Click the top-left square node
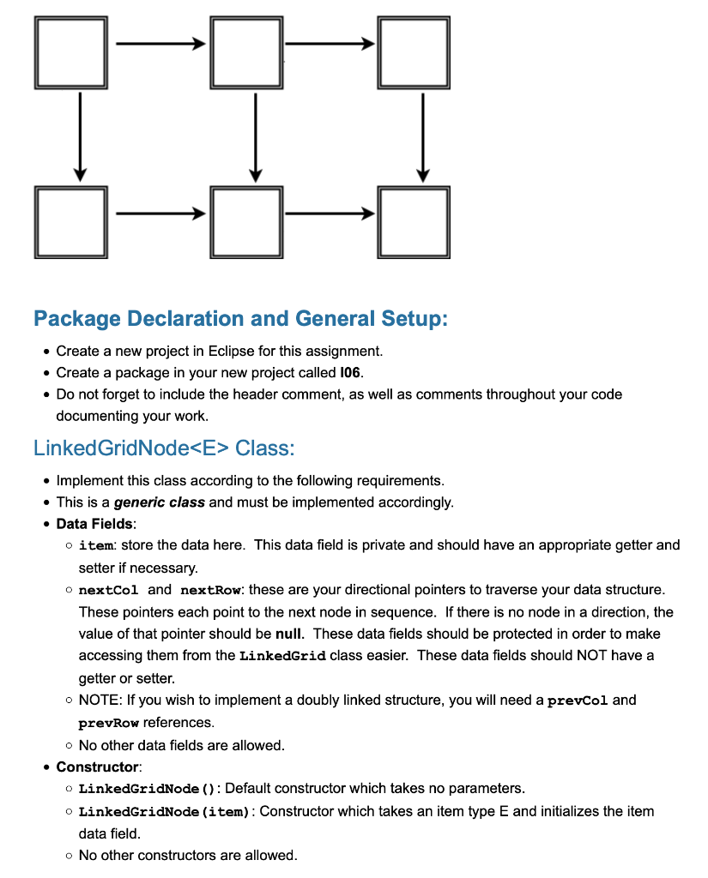click(71, 51)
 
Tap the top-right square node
click(414, 51)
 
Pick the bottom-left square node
click(71, 221)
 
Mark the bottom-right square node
click(414, 221)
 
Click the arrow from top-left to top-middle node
click(159, 43)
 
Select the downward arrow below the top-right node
click(423, 137)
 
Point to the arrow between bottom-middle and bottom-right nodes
click(330, 212)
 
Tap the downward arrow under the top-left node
click(80, 137)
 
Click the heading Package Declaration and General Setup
click(240, 319)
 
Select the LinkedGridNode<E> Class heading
click(164, 448)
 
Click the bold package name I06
click(350, 372)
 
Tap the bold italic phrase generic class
click(160, 502)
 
